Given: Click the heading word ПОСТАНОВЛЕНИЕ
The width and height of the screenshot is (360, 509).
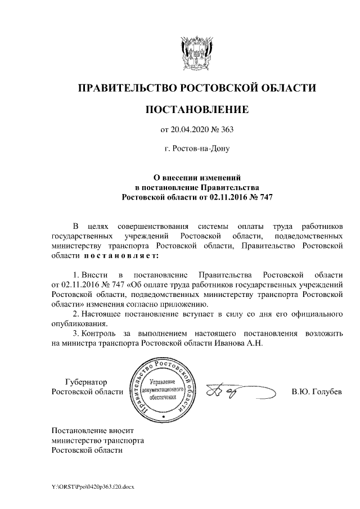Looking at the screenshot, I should pos(196,109).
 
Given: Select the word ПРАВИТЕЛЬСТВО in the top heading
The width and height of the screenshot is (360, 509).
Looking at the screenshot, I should pos(127,88).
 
